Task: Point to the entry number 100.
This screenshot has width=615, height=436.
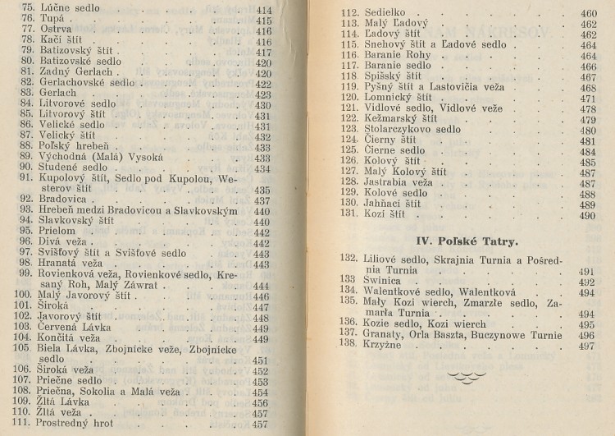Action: (x=23, y=296)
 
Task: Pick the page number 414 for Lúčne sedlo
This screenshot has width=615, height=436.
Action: (x=263, y=9)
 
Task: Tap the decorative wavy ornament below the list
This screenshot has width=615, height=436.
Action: (x=467, y=376)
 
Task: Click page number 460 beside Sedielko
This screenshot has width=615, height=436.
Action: (x=589, y=14)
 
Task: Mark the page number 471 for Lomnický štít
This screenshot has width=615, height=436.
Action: (x=589, y=98)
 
